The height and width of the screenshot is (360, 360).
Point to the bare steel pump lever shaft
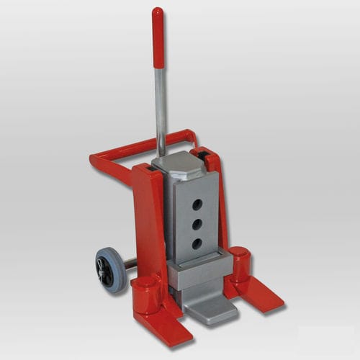point(161,108)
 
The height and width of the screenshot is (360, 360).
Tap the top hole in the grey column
point(197,205)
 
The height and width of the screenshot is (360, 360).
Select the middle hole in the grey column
point(197,225)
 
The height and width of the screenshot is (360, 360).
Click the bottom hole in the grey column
point(197,243)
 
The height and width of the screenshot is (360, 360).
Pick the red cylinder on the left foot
point(147,292)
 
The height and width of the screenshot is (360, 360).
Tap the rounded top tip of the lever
point(157,11)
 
